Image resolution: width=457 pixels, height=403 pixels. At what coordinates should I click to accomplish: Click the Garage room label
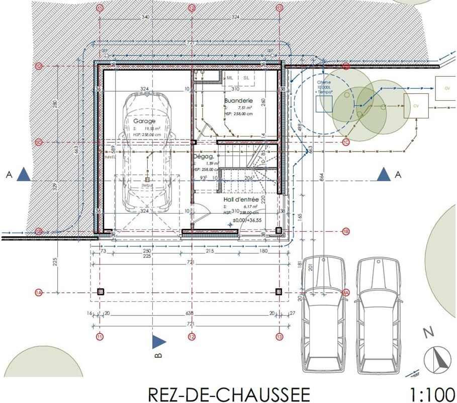(144, 121)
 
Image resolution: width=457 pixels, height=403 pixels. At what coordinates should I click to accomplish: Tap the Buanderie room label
(238, 100)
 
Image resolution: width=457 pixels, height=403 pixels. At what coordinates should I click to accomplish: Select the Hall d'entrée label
(241, 199)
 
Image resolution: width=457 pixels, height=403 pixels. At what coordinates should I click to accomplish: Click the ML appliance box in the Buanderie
(230, 78)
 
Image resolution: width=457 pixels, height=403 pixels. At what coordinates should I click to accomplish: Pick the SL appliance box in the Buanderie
(246, 78)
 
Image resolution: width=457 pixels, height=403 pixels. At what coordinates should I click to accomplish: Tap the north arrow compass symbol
(437, 359)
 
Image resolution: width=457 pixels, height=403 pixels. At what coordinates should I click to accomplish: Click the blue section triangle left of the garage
(23, 175)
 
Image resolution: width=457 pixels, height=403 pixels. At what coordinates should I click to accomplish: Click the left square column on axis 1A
(100, 292)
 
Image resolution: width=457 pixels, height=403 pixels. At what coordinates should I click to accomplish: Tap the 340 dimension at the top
(145, 17)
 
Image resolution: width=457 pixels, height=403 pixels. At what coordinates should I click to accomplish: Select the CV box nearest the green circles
(416, 106)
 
